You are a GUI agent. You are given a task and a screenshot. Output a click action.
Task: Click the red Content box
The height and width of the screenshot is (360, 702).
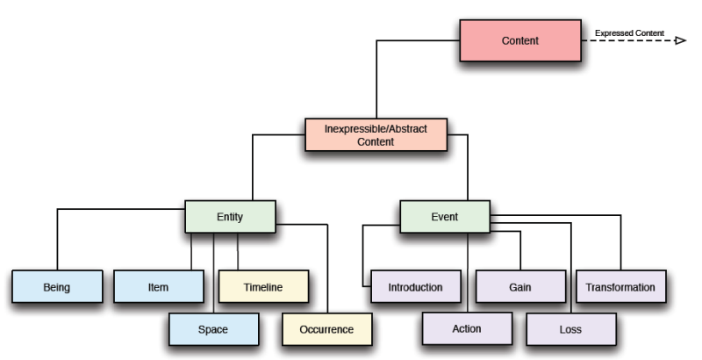tap(520, 40)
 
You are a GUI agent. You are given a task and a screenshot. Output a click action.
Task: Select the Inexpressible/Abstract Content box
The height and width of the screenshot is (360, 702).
tap(376, 134)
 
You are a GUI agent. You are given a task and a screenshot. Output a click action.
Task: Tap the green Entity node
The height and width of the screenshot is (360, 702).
tap(230, 217)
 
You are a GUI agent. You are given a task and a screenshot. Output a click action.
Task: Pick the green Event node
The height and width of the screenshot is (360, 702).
tap(445, 217)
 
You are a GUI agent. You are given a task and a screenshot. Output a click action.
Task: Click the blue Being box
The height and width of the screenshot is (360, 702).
tap(56, 286)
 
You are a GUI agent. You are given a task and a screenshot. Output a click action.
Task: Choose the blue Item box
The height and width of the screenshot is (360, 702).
tap(158, 286)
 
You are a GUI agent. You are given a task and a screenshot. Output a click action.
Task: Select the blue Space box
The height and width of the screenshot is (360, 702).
tap(213, 329)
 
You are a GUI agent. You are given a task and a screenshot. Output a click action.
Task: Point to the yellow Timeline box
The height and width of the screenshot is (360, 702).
tap(263, 286)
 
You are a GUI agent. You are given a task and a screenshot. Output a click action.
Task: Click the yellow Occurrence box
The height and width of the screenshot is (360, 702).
tap(326, 329)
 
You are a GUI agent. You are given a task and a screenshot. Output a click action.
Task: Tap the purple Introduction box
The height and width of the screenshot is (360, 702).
tap(415, 286)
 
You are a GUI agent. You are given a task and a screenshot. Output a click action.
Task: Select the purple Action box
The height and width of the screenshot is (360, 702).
tap(467, 329)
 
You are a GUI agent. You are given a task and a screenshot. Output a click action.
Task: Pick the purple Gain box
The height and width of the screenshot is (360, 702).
tap(520, 286)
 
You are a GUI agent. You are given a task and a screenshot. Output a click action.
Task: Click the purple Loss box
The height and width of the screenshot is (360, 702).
tap(570, 329)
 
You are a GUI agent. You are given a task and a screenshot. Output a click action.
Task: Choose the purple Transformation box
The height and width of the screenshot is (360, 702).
tap(620, 286)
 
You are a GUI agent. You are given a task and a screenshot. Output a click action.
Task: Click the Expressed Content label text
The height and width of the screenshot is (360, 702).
tap(629, 33)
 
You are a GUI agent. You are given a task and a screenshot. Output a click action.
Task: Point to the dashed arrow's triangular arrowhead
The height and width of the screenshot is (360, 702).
tap(680, 40)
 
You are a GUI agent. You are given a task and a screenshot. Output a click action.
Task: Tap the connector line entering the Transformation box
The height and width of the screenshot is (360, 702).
tap(620, 250)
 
